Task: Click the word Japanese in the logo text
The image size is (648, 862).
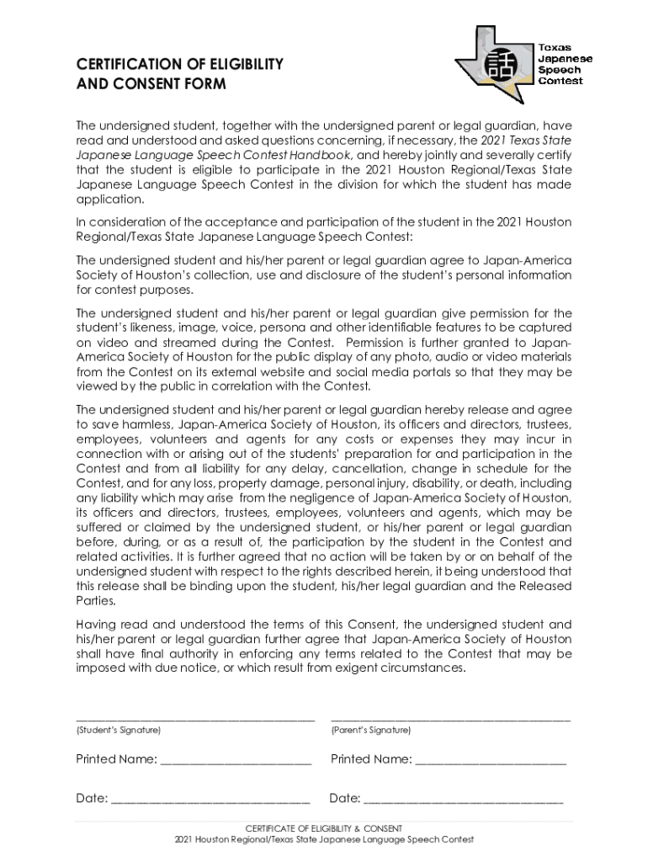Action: [565, 59]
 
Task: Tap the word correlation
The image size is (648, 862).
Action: [259, 386]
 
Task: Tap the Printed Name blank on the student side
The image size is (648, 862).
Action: [236, 761]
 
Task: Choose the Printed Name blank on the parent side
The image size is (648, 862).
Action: [491, 761]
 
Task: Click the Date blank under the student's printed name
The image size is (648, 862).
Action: [210, 799]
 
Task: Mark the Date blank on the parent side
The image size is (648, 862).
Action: [464, 799]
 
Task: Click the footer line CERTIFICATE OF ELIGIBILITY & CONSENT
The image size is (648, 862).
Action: [323, 828]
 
